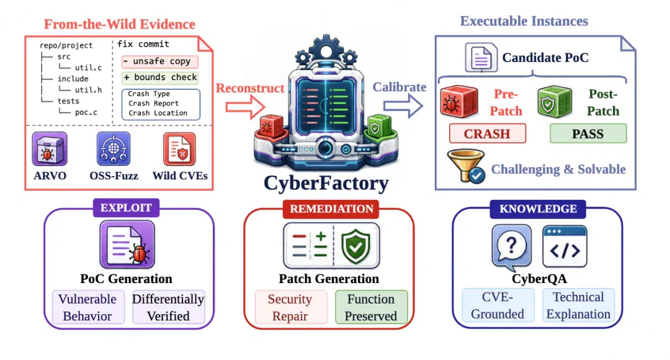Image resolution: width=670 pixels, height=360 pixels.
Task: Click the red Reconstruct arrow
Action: click(x=246, y=107)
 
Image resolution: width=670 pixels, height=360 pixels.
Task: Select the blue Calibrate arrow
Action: click(x=403, y=106)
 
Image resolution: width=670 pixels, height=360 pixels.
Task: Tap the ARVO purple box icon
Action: click(x=50, y=149)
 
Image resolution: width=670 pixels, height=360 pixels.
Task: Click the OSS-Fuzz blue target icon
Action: click(x=114, y=149)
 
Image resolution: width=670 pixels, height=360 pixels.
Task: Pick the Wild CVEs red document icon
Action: click(x=179, y=149)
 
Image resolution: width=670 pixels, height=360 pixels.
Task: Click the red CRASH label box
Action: click(x=488, y=134)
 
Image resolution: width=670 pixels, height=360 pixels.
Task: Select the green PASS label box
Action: click(x=588, y=133)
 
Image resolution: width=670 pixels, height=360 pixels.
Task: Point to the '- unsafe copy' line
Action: click(x=160, y=61)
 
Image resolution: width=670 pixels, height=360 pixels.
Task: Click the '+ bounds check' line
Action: click(x=160, y=78)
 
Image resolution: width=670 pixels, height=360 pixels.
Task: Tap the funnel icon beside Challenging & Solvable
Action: click(x=466, y=166)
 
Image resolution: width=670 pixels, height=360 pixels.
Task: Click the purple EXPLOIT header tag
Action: click(x=126, y=208)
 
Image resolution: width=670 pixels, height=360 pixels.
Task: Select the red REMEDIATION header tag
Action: click(x=331, y=209)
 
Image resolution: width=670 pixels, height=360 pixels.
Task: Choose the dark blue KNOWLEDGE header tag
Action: click(x=538, y=209)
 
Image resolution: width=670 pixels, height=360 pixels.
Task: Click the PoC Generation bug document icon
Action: click(x=127, y=245)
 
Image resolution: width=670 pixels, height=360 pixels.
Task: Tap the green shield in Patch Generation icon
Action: click(x=355, y=246)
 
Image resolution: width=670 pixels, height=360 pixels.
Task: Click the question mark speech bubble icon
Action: click(x=511, y=248)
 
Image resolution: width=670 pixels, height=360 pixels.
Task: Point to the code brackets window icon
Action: click(x=565, y=246)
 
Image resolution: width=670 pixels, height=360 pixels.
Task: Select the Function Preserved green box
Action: click(x=371, y=307)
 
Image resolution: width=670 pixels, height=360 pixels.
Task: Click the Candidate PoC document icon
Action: click(x=481, y=58)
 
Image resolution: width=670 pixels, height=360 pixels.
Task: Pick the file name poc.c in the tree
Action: click(x=86, y=112)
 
